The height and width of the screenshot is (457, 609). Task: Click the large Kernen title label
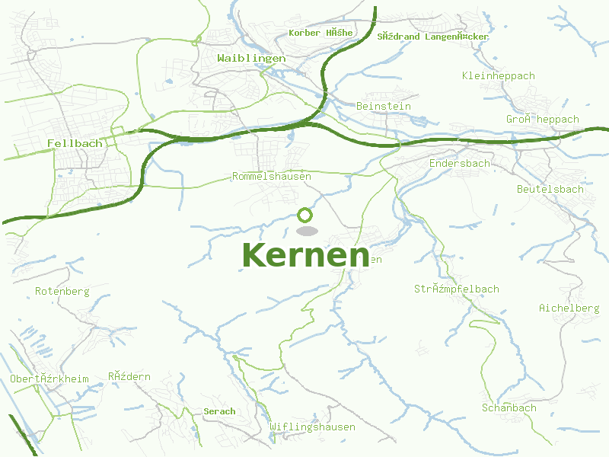(305, 255)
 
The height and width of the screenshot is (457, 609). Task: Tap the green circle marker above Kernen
(305, 216)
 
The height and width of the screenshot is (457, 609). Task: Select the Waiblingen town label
(251, 58)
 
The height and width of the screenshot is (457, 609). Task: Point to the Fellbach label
(75, 143)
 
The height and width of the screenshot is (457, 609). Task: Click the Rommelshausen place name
(272, 177)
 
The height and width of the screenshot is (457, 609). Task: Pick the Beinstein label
(384, 106)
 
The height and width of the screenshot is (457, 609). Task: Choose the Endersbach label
(460, 163)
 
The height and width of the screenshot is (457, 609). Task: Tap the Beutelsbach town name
(550, 189)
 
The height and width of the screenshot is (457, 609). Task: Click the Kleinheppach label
(499, 75)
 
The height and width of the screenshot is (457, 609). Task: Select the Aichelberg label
(569, 308)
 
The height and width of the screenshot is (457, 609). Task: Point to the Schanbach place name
(509, 407)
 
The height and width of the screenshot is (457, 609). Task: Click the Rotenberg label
(62, 291)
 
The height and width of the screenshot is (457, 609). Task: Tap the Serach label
(220, 411)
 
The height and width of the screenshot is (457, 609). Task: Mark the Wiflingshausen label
(312, 427)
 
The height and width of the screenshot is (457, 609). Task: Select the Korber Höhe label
(320, 33)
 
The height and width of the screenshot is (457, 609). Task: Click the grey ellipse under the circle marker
(306, 231)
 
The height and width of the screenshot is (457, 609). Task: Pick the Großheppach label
(543, 119)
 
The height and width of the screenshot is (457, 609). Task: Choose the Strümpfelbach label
(457, 289)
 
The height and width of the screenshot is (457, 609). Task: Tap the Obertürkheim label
(49, 379)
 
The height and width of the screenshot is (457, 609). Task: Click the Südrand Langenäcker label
(432, 36)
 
